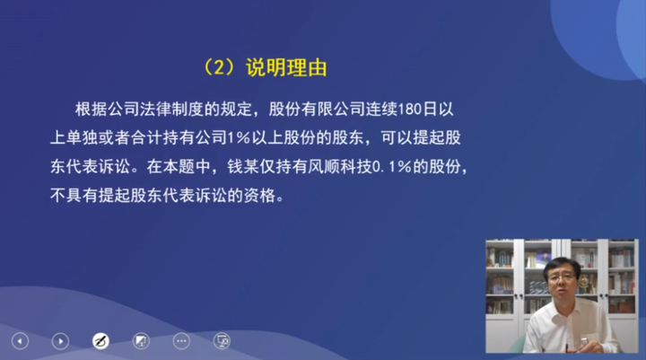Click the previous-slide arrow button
coord(20,341)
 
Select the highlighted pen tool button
coord(100,341)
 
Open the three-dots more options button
coord(181,341)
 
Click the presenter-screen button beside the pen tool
coord(141,341)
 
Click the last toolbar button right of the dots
coord(222,341)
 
